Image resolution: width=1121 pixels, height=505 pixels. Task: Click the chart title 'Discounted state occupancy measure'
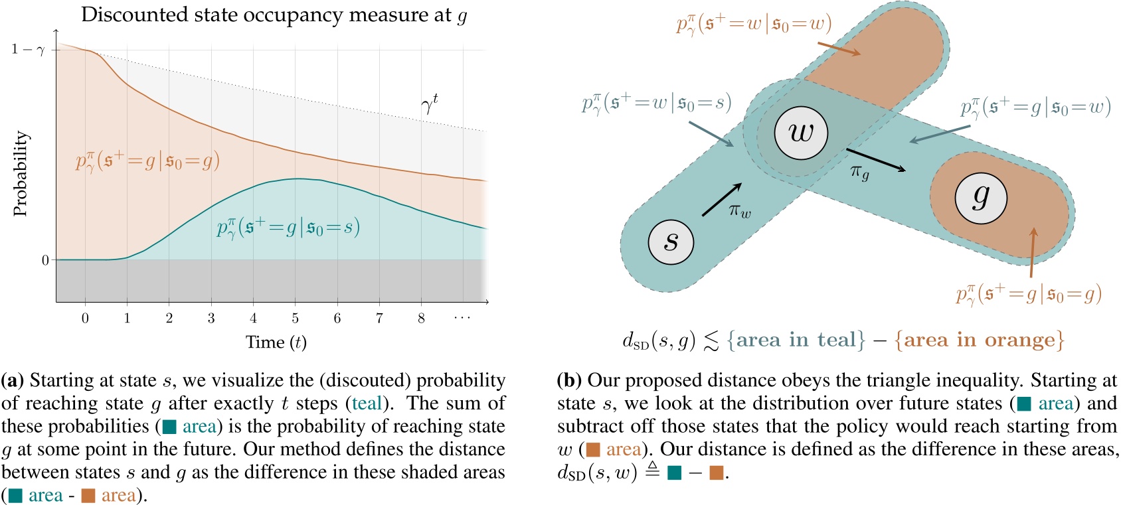pos(266,15)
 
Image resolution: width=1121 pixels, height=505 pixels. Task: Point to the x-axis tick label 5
pos(295,318)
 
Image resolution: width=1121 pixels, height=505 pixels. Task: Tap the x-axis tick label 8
pos(421,318)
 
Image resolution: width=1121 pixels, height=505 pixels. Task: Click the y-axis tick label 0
pos(45,260)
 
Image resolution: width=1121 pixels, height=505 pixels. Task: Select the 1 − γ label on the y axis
pos(27,50)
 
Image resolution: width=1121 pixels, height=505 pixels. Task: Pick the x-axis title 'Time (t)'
pos(276,342)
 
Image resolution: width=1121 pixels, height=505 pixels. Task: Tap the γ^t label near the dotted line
pos(430,104)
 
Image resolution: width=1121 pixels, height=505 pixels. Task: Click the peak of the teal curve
pos(297,179)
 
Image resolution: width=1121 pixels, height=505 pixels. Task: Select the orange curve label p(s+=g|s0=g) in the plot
pos(147,161)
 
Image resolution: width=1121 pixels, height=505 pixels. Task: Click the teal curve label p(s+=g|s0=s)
pos(288,228)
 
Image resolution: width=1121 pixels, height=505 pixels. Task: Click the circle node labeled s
pos(671,242)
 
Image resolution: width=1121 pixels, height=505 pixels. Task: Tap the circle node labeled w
pos(801,132)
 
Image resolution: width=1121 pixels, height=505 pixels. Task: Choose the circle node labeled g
pos(980,197)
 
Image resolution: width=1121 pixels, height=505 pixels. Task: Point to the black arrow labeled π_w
pos(722,200)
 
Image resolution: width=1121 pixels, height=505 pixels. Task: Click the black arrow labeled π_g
pos(875,159)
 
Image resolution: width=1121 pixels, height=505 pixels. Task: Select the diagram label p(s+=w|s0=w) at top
pos(754,25)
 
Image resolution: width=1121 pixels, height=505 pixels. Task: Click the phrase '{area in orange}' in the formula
pos(979,340)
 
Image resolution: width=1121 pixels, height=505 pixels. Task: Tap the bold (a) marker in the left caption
pos(13,380)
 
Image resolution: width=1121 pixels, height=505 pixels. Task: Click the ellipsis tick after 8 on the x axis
pos(462,318)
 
